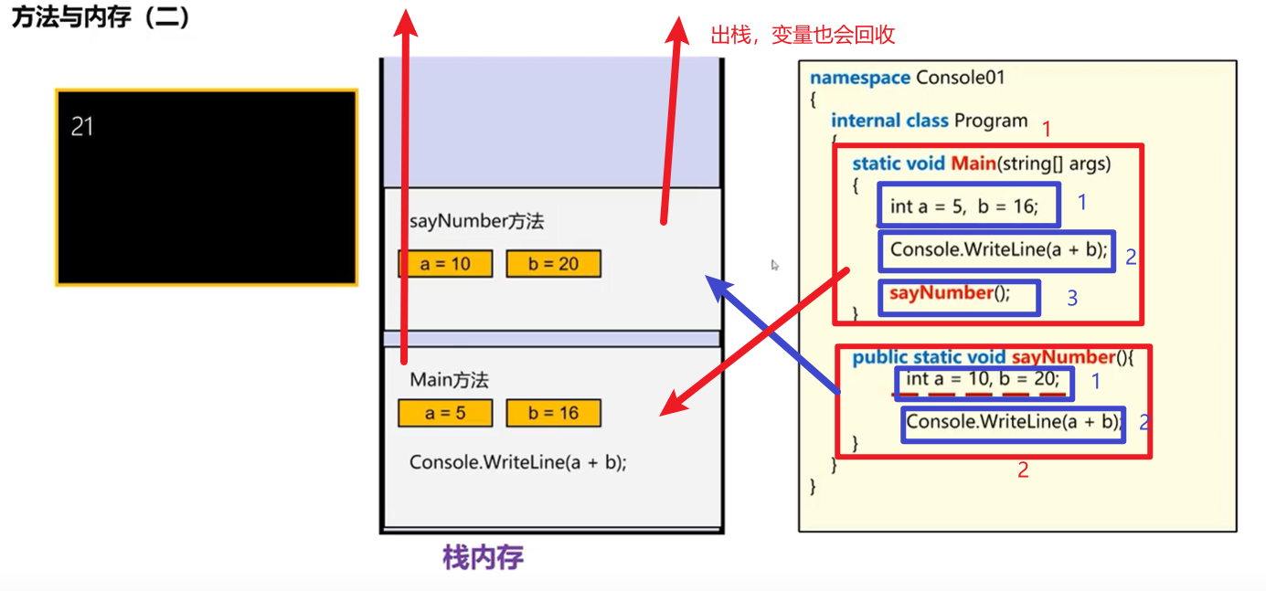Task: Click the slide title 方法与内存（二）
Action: point(101,18)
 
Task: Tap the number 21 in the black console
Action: point(82,127)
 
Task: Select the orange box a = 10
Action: point(445,264)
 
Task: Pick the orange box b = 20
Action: point(554,264)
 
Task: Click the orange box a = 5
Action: point(445,413)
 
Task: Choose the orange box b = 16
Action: point(554,413)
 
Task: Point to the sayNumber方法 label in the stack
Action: point(477,221)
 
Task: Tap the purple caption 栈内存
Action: point(483,557)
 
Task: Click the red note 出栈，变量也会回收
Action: point(803,36)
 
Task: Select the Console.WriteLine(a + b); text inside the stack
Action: point(518,462)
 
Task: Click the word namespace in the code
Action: point(860,78)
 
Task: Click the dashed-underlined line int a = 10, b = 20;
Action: point(983,380)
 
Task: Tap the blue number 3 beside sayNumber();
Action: point(1072,298)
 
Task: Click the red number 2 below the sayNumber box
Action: point(1023,470)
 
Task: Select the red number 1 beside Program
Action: point(1047,129)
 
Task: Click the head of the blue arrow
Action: point(714,284)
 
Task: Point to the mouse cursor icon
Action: point(774,265)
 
